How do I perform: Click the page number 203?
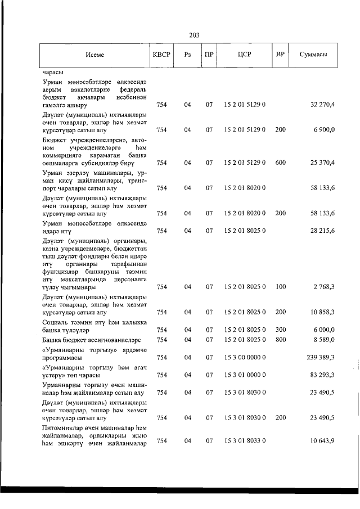point(195,35)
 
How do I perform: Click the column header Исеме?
point(95,55)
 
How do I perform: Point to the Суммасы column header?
point(314,55)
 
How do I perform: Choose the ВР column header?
point(280,55)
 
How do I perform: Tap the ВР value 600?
point(280,163)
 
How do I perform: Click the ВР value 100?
point(280,287)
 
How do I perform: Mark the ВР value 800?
point(280,340)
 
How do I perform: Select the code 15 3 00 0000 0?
point(245,357)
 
